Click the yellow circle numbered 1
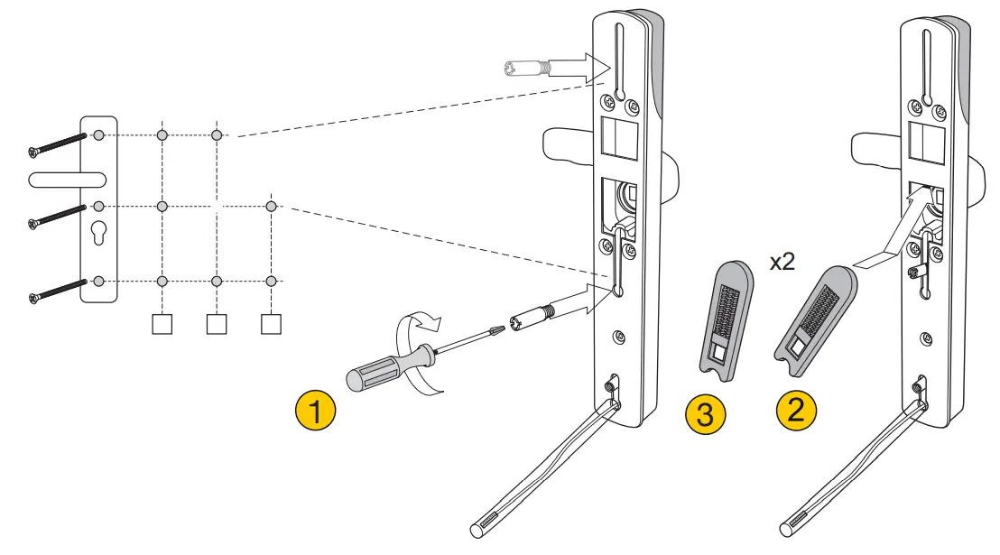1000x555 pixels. point(315,412)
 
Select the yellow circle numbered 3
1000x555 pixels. point(707,414)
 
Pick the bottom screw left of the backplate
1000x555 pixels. point(58,288)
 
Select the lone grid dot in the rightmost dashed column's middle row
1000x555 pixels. point(271,207)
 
